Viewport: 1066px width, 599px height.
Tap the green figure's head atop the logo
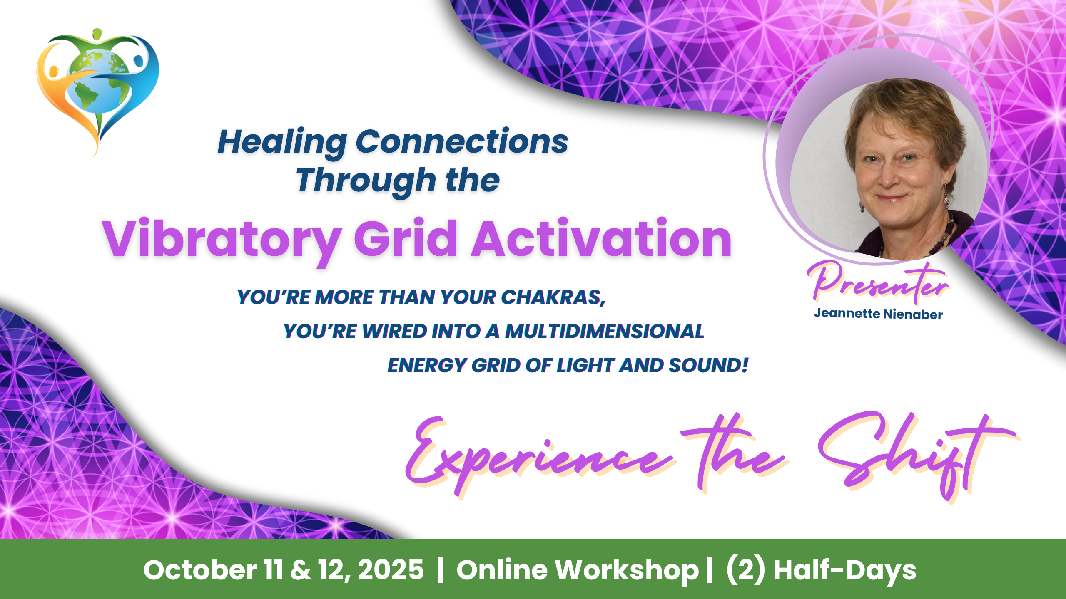(x=97, y=34)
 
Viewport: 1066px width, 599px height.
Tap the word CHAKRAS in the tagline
(x=553, y=297)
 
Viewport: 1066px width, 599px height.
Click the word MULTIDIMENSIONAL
(x=604, y=332)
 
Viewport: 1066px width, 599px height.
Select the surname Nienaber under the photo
(x=913, y=314)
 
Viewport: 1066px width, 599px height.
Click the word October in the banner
(x=200, y=569)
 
